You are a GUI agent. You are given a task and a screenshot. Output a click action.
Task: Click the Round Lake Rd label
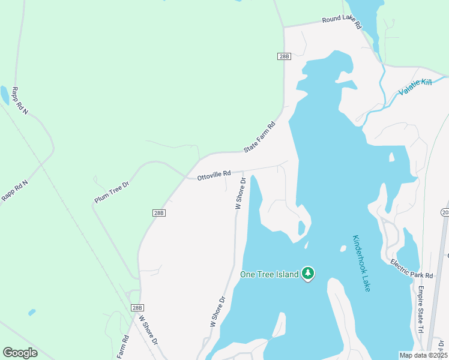(x=342, y=23)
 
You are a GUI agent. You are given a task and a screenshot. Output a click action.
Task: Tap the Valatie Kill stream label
(x=415, y=89)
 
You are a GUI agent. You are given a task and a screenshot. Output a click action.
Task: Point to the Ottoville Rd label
(x=214, y=175)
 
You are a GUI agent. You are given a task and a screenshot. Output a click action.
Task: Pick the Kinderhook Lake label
(x=361, y=263)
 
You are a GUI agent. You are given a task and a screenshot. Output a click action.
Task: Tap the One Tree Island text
(x=270, y=274)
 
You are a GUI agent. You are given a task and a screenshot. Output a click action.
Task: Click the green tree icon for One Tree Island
(x=308, y=274)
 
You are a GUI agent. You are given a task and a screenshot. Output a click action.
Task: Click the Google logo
(x=20, y=353)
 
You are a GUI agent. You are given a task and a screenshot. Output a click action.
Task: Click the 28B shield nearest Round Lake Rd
(x=284, y=56)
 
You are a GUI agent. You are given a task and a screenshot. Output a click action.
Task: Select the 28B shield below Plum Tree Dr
(x=158, y=212)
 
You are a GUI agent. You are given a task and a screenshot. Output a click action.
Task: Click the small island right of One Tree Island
(x=343, y=248)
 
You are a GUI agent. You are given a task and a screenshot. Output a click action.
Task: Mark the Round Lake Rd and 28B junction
(x=284, y=27)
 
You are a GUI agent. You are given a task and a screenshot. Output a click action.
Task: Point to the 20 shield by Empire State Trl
(x=445, y=212)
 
